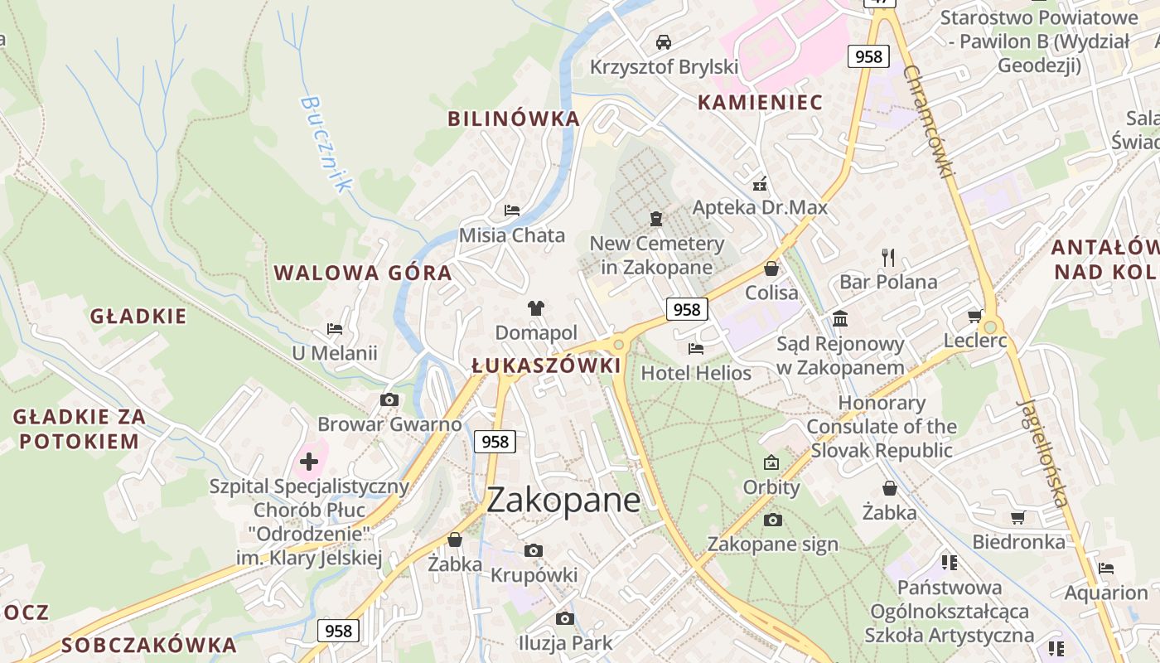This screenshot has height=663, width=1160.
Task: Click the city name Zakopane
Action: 563,501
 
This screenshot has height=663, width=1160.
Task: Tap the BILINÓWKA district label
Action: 514,119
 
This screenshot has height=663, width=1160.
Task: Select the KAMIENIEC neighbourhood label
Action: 760,102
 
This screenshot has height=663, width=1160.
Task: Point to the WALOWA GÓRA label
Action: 363,273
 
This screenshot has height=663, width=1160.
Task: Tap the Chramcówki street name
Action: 929,121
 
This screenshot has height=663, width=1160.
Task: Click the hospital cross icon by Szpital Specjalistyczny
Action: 309,462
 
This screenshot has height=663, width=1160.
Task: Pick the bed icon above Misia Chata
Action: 512,211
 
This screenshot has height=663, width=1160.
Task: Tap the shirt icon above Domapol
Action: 535,308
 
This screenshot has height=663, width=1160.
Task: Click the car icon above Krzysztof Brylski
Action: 663,42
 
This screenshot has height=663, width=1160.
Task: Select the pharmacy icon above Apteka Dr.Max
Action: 759,184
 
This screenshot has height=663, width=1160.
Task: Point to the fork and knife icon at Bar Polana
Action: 888,258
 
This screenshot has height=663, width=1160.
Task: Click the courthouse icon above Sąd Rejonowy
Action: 840,319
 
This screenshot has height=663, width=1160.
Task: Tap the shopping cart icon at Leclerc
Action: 974,316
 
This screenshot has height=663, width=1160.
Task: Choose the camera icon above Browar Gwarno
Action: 389,400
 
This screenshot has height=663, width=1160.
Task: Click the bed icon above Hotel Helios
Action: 696,349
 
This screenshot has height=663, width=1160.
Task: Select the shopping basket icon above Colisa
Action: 771,269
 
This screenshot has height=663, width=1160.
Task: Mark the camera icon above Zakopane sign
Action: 772,520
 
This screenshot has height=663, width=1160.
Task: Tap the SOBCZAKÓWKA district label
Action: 149,645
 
